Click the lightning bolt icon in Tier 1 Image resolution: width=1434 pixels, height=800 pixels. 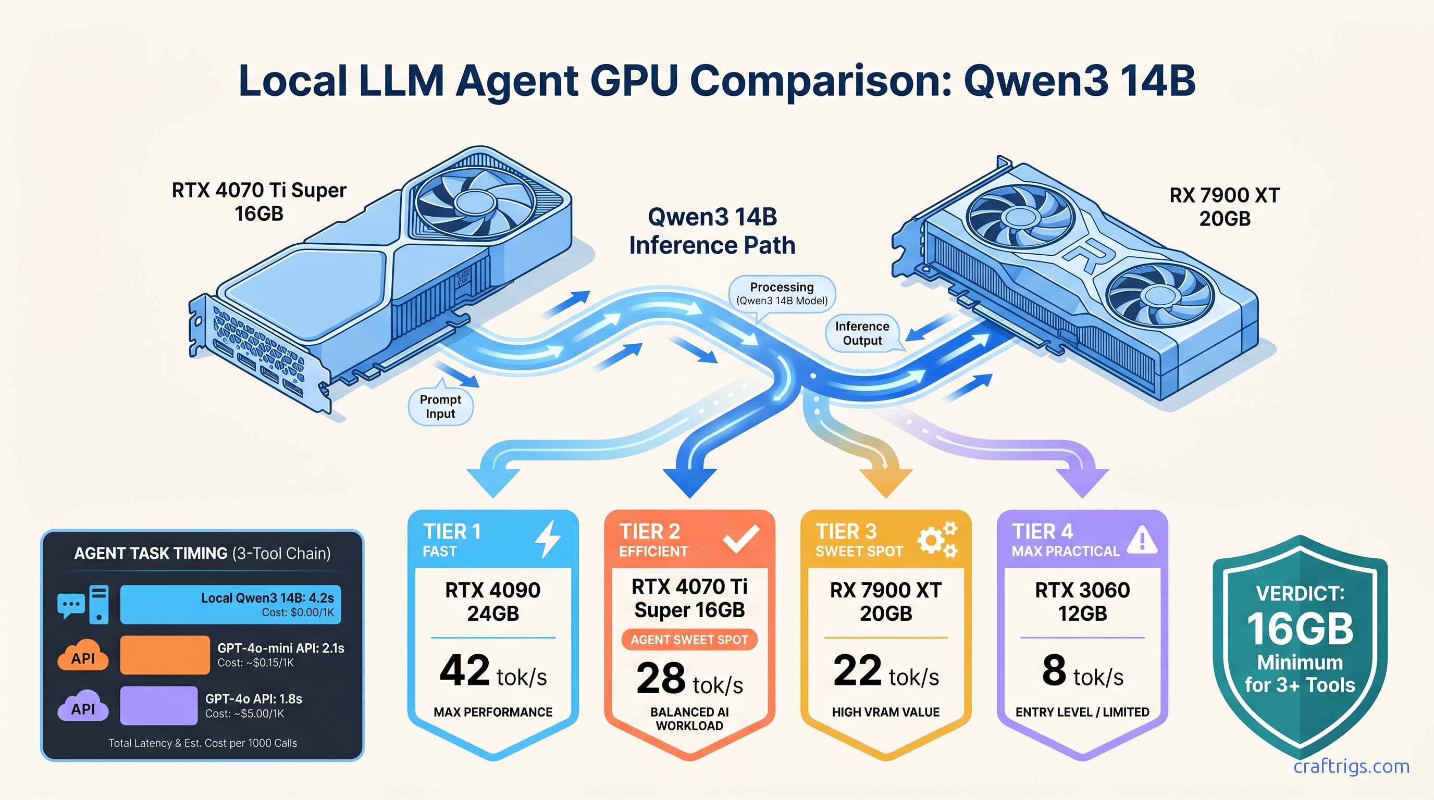[548, 539]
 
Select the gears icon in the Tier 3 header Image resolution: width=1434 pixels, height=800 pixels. [937, 539]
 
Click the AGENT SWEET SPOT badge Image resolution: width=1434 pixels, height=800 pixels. [689, 640]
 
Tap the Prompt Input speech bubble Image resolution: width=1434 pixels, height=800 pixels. [440, 407]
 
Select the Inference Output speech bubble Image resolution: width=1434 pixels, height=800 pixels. [862, 333]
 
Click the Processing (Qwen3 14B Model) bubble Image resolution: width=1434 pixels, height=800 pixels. [782, 294]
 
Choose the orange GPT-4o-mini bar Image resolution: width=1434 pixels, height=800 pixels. [165, 655]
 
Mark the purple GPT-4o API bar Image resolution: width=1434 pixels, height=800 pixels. [158, 705]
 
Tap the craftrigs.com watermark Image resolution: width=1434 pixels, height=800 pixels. [1351, 766]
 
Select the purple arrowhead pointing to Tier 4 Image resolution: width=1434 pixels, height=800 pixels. [1082, 481]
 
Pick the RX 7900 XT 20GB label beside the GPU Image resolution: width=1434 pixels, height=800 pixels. [1224, 207]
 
